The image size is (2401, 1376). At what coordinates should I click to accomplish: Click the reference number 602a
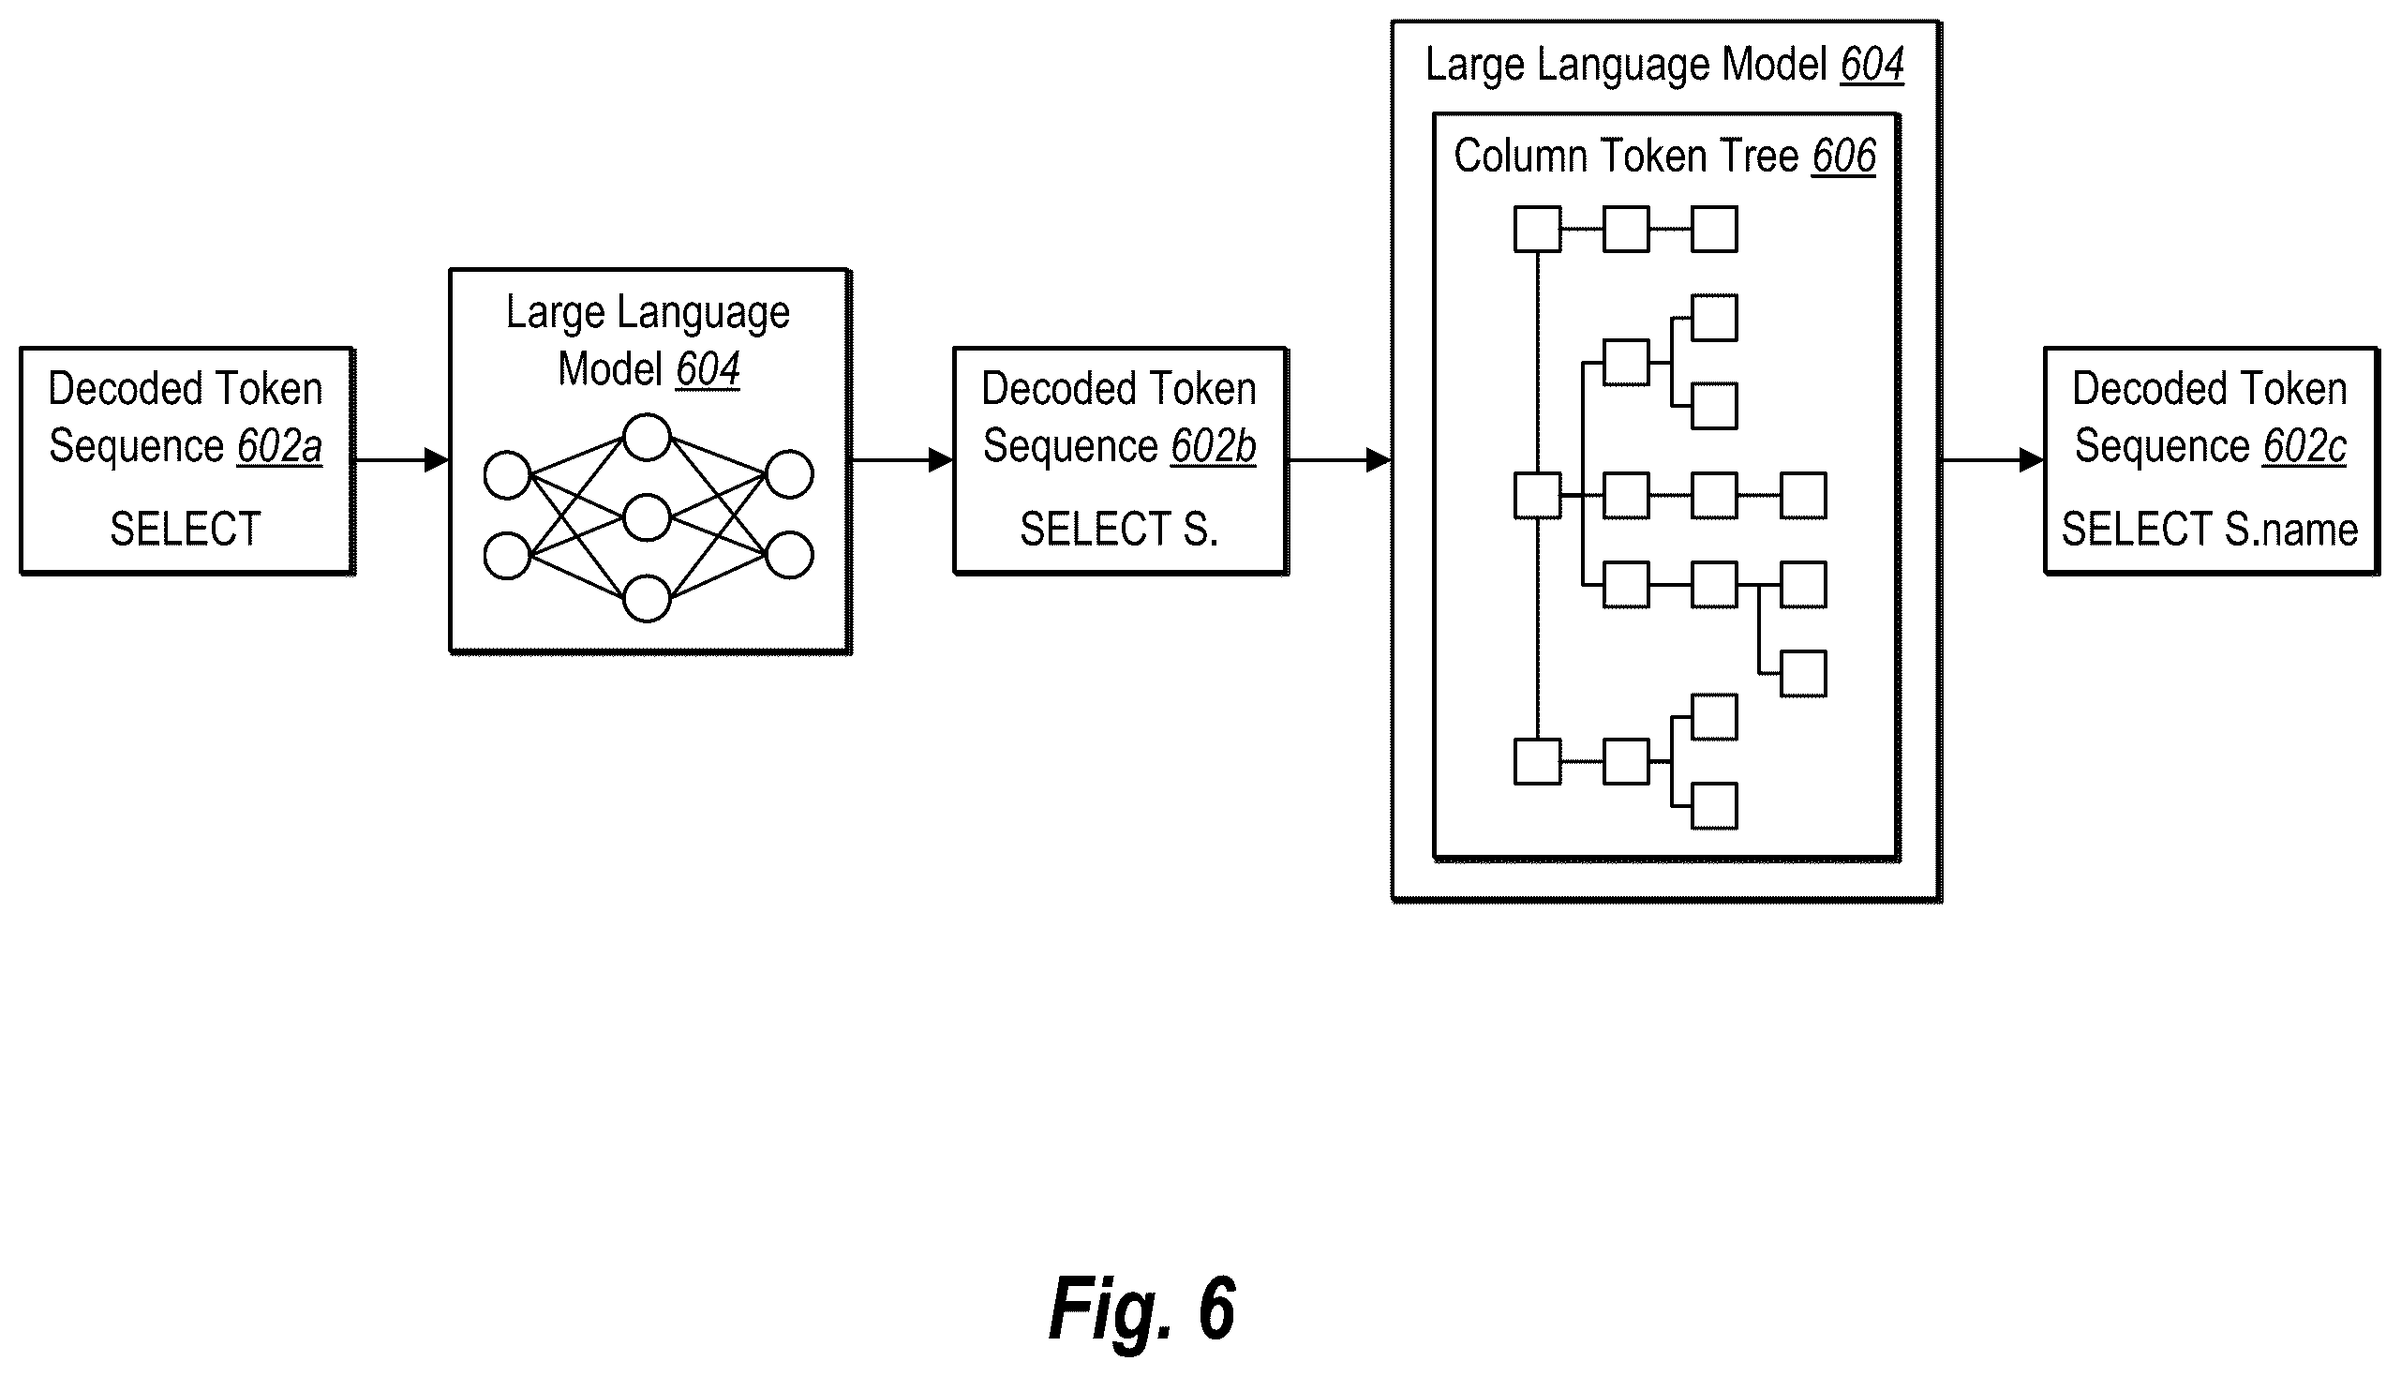tap(279, 446)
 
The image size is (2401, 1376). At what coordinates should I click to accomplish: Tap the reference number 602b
tap(1214, 446)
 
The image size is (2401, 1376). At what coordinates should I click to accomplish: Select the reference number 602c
tap(2304, 446)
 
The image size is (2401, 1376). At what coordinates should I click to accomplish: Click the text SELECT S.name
tap(2210, 530)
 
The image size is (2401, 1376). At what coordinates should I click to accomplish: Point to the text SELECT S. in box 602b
tap(1119, 530)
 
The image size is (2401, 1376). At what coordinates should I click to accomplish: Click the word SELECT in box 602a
tap(186, 530)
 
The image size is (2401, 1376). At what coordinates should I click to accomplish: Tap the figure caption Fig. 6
tap(1141, 1309)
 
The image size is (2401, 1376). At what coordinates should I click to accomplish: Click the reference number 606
tap(1843, 156)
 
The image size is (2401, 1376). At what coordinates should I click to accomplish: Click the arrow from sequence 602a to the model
tap(402, 460)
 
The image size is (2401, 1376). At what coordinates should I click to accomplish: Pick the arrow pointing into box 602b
tap(902, 460)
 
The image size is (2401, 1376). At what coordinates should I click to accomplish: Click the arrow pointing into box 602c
tap(1992, 460)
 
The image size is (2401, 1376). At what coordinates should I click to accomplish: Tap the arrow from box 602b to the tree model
tap(1340, 460)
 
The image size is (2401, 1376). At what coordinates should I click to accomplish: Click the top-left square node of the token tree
tap(1537, 230)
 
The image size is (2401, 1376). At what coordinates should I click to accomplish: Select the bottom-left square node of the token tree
tap(1537, 762)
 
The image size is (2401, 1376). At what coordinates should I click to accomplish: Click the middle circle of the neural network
tap(648, 518)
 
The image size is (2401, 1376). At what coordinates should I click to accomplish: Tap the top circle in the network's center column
tap(648, 438)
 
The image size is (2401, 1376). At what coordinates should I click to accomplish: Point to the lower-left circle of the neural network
tap(507, 556)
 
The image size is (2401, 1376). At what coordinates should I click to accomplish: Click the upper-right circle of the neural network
tap(789, 475)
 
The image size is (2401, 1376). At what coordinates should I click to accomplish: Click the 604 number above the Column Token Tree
tap(1872, 66)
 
